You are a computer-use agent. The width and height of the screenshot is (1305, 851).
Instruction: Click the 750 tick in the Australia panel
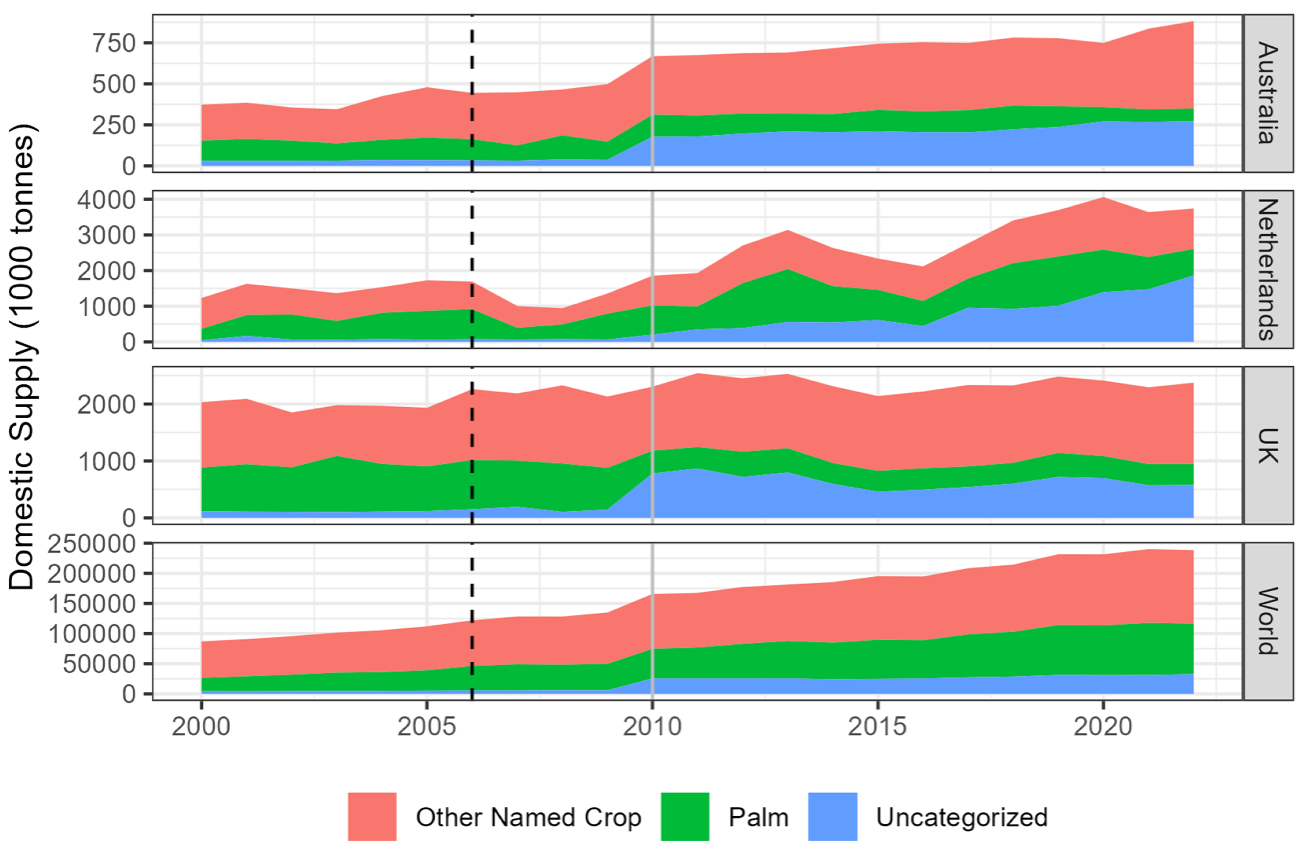pyautogui.click(x=114, y=43)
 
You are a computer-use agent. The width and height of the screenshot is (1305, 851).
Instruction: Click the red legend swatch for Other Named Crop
pyautogui.click(x=372, y=817)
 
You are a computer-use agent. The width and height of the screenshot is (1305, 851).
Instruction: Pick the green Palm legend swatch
pyautogui.click(x=685, y=817)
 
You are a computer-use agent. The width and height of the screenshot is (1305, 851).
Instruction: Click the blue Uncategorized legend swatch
pyautogui.click(x=832, y=817)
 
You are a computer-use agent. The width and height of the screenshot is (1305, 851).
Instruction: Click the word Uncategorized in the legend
pyautogui.click(x=962, y=817)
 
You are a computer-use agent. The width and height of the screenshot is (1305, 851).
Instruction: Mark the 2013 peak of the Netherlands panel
pyautogui.click(x=788, y=231)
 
